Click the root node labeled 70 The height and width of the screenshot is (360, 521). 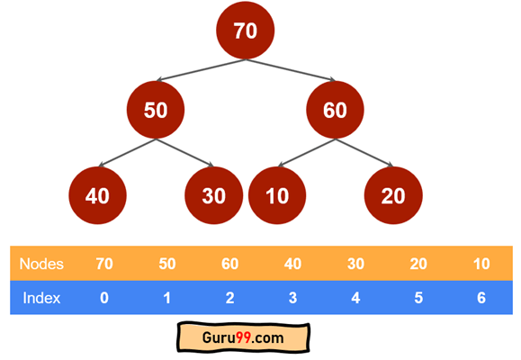click(246, 31)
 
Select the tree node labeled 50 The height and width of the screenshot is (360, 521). click(156, 110)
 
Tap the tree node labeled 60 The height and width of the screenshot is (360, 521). click(335, 110)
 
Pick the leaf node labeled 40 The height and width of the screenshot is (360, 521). click(97, 195)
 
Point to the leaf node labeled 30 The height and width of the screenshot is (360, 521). click(213, 195)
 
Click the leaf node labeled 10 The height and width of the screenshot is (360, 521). click(277, 195)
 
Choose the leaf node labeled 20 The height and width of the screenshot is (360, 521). click(393, 195)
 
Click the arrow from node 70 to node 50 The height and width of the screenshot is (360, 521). click(201, 70)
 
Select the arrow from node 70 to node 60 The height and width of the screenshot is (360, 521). click(291, 70)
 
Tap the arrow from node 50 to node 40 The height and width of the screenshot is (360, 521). click(127, 153)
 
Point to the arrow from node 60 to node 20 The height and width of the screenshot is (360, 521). click(364, 153)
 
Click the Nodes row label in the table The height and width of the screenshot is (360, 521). click(41, 264)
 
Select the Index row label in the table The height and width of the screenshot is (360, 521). click(41, 298)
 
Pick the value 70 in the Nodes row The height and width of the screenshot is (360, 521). click(104, 264)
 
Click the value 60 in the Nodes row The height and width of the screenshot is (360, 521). click(230, 264)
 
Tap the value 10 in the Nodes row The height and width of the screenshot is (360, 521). click(481, 264)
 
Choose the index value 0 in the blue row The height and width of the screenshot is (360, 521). click(104, 298)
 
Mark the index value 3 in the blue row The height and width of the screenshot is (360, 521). click(292, 298)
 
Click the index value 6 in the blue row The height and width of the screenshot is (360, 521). click(481, 298)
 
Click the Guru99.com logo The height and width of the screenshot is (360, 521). click(243, 337)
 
